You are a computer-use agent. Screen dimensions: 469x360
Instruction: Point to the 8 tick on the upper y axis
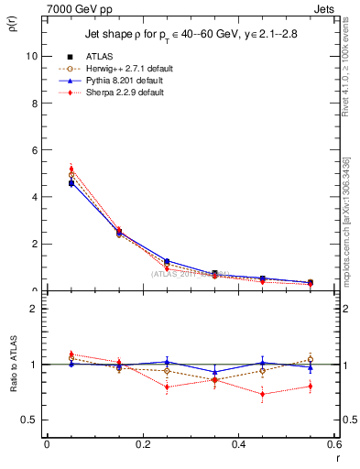click(33, 103)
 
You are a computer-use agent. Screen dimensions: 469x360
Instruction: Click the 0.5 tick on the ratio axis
click(28, 420)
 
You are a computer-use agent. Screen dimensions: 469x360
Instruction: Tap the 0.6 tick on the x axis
click(334, 444)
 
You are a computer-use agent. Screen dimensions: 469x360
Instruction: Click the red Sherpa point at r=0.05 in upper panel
click(71, 169)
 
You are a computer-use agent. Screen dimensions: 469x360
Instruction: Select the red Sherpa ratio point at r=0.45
click(263, 395)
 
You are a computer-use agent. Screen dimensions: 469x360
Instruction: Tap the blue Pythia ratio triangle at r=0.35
click(215, 372)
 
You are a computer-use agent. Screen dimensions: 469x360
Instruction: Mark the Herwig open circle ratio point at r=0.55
click(311, 359)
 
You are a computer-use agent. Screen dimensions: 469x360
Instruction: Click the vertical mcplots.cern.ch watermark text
click(348, 211)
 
